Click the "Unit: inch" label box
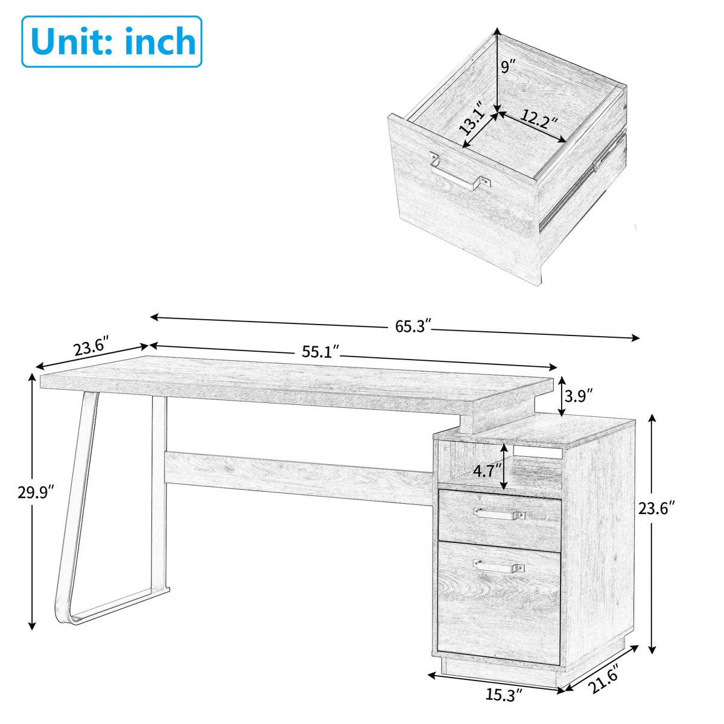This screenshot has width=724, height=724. (112, 42)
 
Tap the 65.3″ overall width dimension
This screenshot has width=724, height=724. (413, 326)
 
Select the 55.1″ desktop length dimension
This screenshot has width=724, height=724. (320, 352)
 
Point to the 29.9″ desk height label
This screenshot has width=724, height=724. (35, 492)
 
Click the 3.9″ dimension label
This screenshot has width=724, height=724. (578, 395)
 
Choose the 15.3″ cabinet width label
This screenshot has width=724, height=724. (504, 695)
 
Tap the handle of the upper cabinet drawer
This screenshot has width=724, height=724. (499, 514)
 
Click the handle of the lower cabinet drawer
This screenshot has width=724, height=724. (499, 567)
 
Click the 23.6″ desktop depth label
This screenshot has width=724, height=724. (91, 349)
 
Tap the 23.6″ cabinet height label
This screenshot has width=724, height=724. (656, 508)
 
